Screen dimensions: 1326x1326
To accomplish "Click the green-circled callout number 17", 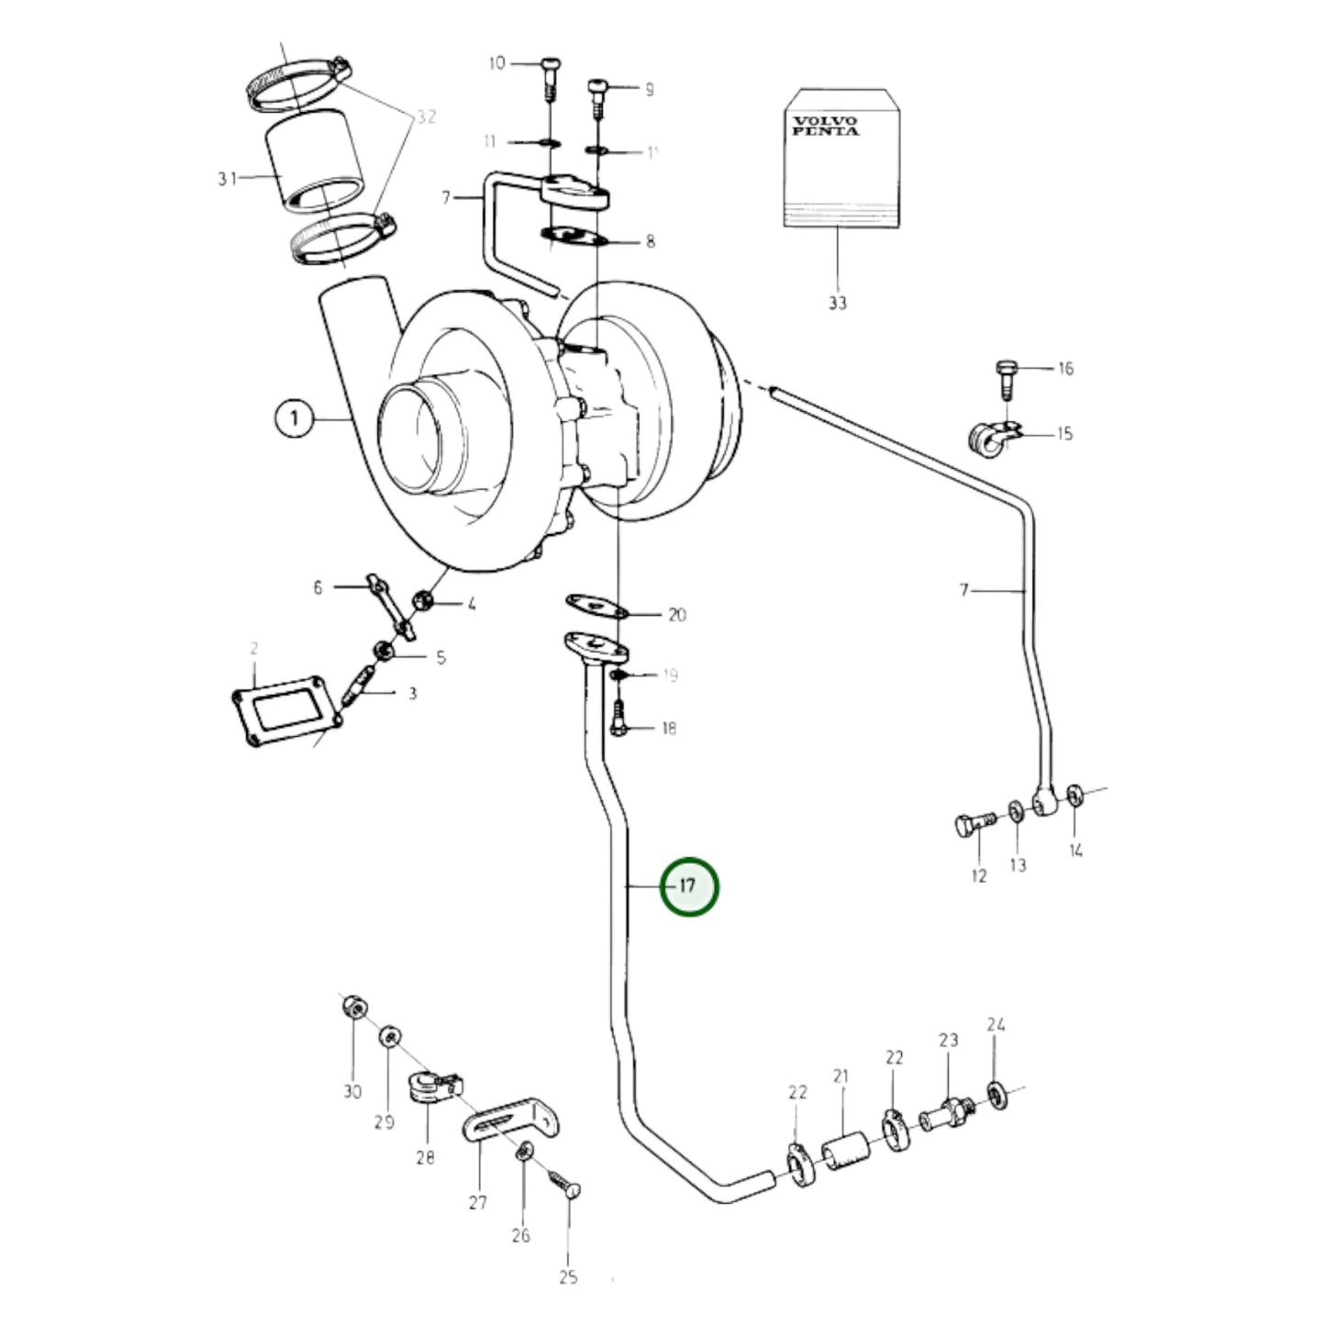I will coord(689,886).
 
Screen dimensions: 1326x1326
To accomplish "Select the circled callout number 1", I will coord(294,419).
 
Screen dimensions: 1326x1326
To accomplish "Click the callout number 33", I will coord(837,302).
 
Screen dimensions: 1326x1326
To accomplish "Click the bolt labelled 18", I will coord(618,720).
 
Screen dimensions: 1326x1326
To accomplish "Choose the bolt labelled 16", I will coord(1005,375).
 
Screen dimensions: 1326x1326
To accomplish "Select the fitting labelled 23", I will coord(946,1113).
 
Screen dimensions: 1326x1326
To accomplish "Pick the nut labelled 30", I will coord(352,1008).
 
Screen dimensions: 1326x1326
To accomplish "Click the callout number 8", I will coord(650,242).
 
